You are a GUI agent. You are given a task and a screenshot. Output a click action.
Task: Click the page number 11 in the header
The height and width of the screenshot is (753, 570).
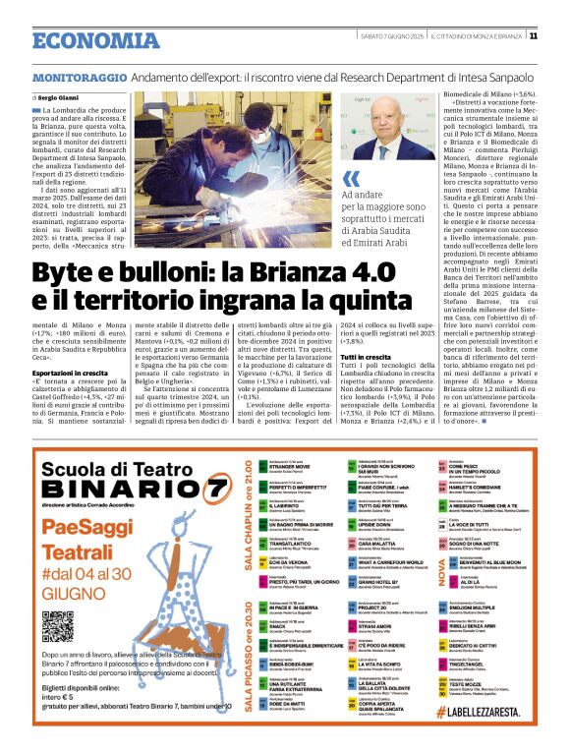pos(533,36)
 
